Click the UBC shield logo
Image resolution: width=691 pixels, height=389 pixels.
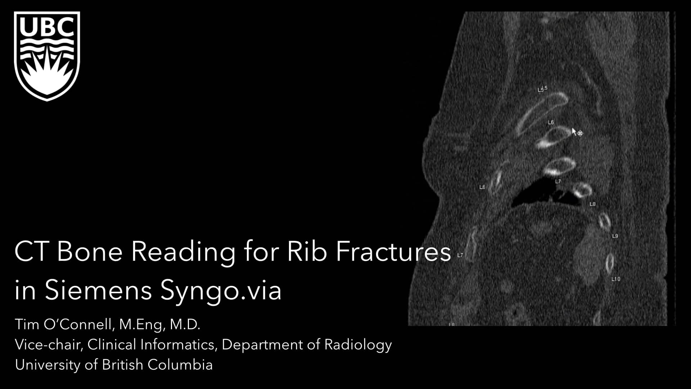point(47,56)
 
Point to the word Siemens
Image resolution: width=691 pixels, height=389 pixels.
point(98,290)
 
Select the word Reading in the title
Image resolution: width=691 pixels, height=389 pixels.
point(183,252)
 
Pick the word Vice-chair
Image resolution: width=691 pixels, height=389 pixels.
point(47,345)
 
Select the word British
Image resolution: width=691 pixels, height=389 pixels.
point(122,365)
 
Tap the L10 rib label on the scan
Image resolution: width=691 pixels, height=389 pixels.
point(616,279)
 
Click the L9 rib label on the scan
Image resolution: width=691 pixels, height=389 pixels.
point(615,236)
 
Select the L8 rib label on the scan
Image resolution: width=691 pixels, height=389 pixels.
point(592,204)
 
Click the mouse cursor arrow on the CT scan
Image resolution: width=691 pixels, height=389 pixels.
point(574,131)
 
